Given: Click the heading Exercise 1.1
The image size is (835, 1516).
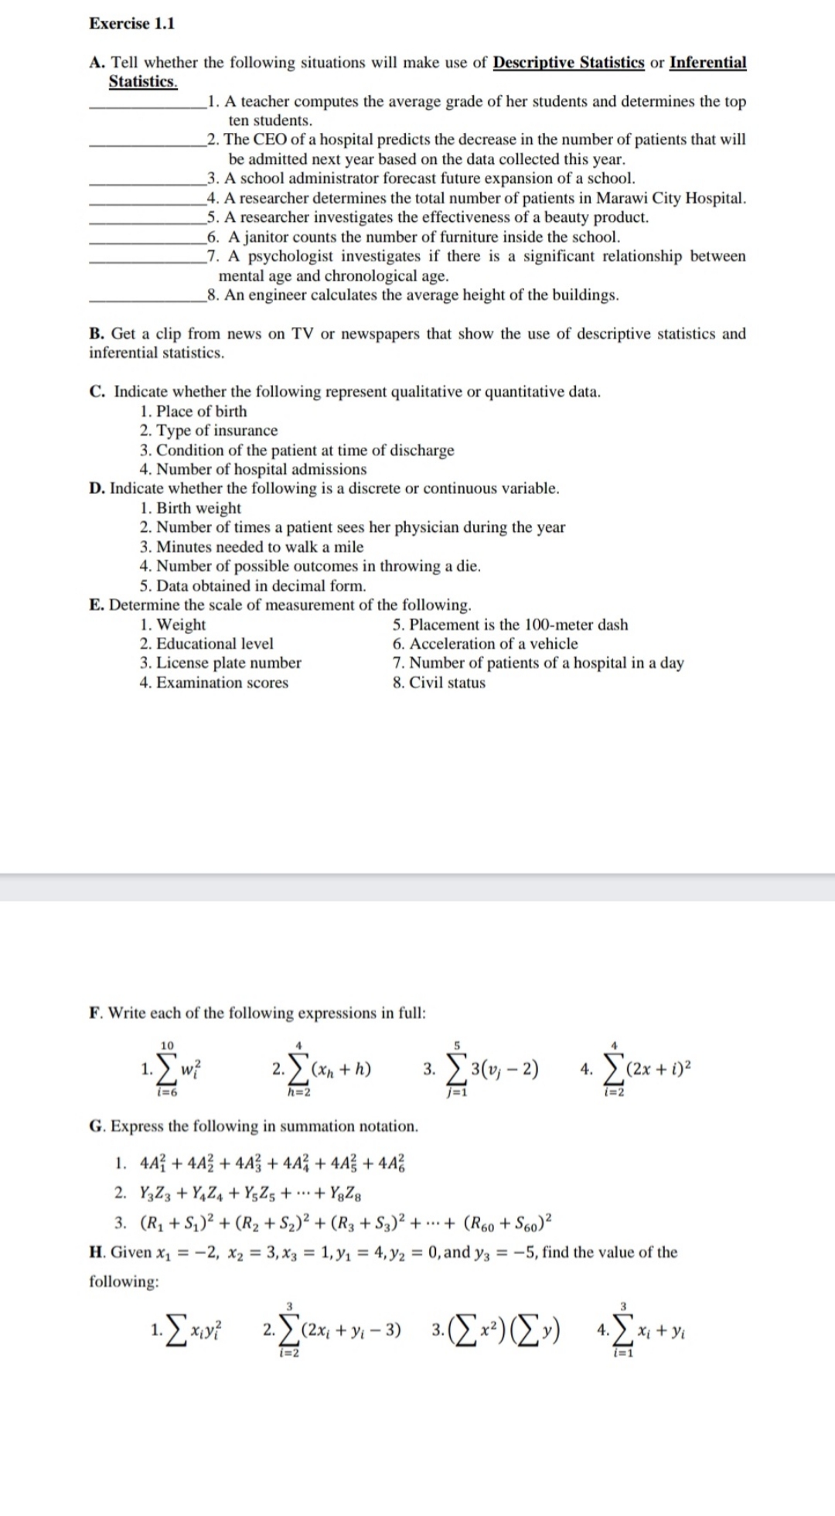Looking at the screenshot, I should pos(131,23).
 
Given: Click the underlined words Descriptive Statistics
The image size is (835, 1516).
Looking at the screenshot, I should pos(568,63).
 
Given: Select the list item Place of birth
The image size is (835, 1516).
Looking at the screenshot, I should pos(193,411).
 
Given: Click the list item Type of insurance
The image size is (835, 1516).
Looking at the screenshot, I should pos(209,431).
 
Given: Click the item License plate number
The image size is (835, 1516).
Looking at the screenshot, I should pos(220,663).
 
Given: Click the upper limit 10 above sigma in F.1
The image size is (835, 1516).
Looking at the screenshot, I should pos(167,1044).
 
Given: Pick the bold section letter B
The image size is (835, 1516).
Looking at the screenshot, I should pos(97,334).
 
